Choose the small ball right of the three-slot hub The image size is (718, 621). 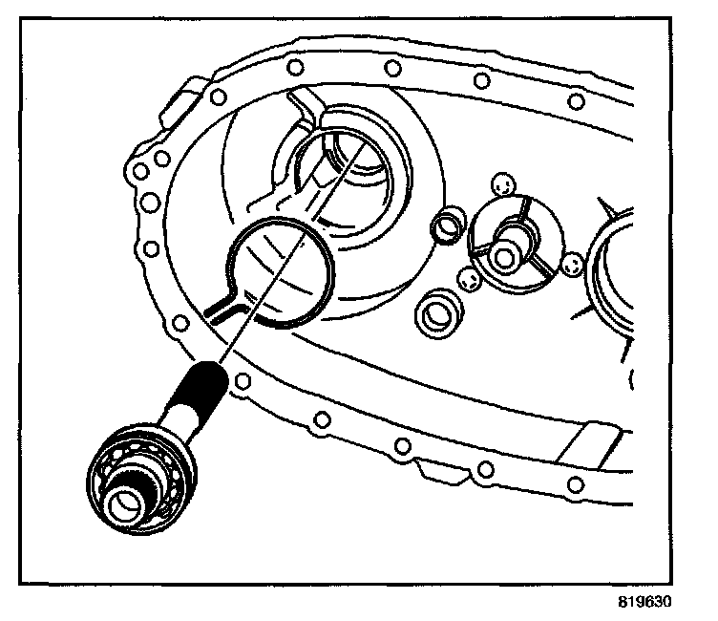pyautogui.click(x=572, y=266)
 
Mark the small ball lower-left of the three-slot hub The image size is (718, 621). pyautogui.click(x=469, y=278)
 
